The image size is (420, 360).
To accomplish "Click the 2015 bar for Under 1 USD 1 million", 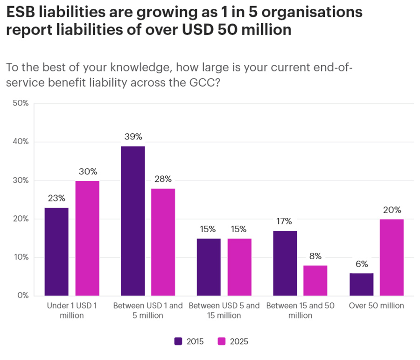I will pos(56,251).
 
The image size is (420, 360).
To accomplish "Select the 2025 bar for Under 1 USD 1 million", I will pos(87,238).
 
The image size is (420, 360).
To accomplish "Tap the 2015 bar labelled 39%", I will pos(133,221).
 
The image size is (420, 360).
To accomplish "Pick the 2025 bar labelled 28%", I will pos(163,242).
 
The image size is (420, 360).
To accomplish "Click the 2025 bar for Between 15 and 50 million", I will pos(315,280).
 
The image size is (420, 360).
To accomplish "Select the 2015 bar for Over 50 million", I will pos(361,284).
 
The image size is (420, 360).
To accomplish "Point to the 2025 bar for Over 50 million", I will pos(392,257).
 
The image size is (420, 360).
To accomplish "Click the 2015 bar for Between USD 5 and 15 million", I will pos(209,267).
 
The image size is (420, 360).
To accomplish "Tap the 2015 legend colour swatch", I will pos(178,341).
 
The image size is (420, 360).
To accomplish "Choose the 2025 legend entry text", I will pos(239,341).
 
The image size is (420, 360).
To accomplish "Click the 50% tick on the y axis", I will pos(21,104).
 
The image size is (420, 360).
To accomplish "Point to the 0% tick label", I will pos(23,296).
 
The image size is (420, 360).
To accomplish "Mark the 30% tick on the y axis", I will pos(21,180).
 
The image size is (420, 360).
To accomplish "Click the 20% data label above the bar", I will pos(392,210).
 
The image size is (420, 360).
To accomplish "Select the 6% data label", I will pos(361,264).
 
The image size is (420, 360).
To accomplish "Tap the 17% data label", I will pos(285,221).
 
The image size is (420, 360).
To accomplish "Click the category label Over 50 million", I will pos(376,306).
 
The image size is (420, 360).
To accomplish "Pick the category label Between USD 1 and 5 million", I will pos(148,311).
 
